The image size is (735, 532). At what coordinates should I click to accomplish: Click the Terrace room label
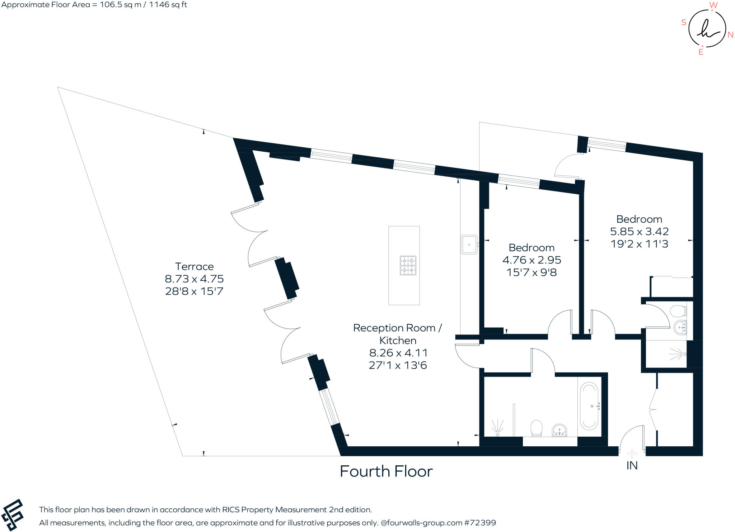194,266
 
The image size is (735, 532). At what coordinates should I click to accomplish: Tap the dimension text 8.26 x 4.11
398,353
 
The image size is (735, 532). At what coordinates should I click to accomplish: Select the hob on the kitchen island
408,265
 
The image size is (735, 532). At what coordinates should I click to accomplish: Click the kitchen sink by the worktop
469,244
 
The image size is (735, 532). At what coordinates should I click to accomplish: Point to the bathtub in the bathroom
589,406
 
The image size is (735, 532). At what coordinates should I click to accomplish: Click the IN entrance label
632,466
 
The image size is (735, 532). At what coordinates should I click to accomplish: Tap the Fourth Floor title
386,471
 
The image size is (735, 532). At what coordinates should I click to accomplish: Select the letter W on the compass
713,5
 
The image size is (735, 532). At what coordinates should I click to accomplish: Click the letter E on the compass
701,52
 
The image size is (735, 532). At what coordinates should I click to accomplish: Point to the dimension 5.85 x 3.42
640,232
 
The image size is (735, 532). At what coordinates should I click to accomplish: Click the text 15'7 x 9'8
532,272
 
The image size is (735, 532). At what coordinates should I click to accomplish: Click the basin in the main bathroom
560,430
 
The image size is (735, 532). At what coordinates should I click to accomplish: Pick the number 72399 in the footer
483,523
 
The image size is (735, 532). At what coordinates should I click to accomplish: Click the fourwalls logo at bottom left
13,514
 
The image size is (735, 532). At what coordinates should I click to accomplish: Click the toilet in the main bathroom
536,428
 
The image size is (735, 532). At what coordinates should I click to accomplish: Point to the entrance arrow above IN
632,453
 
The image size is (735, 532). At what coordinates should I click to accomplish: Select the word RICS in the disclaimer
231,509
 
